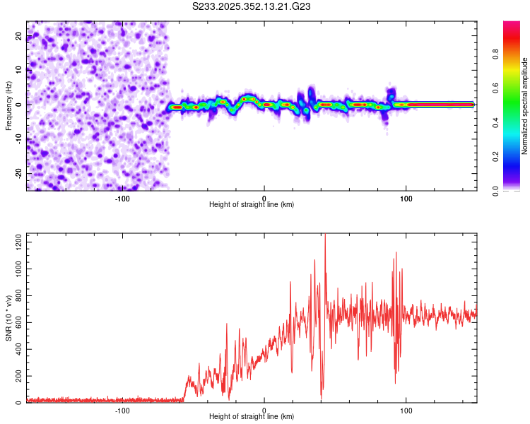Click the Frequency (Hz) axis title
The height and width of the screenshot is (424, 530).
click(x=8, y=105)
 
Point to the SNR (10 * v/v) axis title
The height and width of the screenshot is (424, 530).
click(x=8, y=318)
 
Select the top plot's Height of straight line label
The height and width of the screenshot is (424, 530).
click(x=252, y=204)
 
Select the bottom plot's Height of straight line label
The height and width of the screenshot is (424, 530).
click(x=252, y=416)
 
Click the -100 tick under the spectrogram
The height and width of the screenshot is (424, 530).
click(x=122, y=198)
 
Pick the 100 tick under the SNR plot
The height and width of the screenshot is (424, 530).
click(x=406, y=410)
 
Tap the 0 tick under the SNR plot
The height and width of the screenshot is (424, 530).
click(x=264, y=410)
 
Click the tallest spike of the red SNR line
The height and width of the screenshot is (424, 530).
click(x=325, y=236)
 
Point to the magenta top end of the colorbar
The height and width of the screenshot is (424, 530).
click(x=512, y=24)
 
